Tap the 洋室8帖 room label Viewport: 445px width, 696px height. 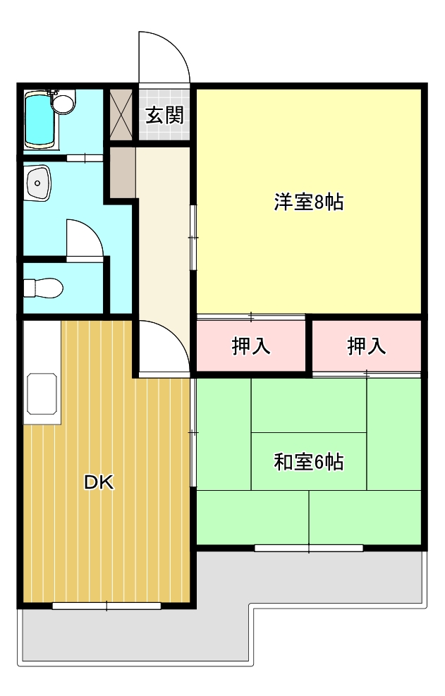(309, 202)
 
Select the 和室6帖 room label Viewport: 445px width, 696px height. (309, 462)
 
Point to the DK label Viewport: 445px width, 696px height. (99, 482)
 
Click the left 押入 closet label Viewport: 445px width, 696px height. (251, 346)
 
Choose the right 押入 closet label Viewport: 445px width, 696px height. (367, 346)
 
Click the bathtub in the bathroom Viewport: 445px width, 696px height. (39, 120)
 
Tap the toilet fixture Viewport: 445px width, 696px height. (43, 288)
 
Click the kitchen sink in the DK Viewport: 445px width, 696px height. (42, 393)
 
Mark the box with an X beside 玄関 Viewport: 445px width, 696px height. (121, 114)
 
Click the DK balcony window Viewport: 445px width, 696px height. (106, 606)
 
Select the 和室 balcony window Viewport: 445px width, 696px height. (309, 548)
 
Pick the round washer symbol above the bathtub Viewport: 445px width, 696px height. (63, 104)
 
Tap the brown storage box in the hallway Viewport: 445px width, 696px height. (123, 173)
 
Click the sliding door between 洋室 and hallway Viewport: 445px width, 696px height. (193, 238)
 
